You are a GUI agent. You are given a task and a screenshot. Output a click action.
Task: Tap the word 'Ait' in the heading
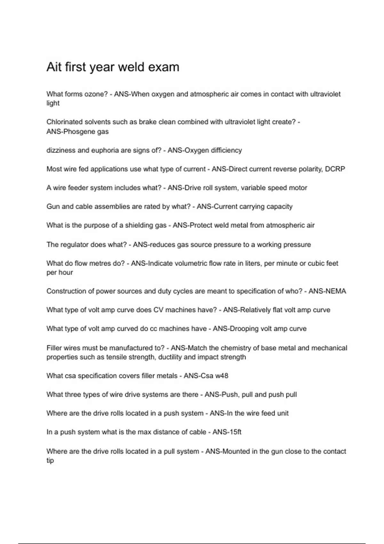(53, 67)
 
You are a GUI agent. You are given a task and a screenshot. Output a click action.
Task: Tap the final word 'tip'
(50, 460)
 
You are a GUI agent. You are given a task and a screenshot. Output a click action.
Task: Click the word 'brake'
(148, 122)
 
